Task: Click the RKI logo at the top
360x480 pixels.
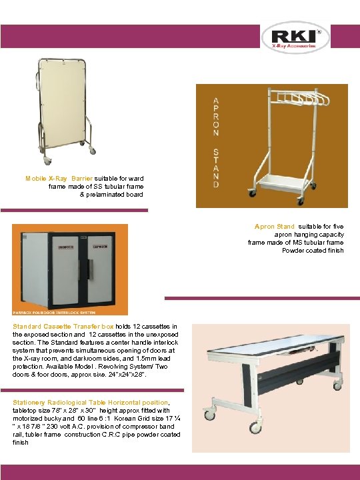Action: click(295, 39)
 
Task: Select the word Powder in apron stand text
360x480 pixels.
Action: click(292, 251)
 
